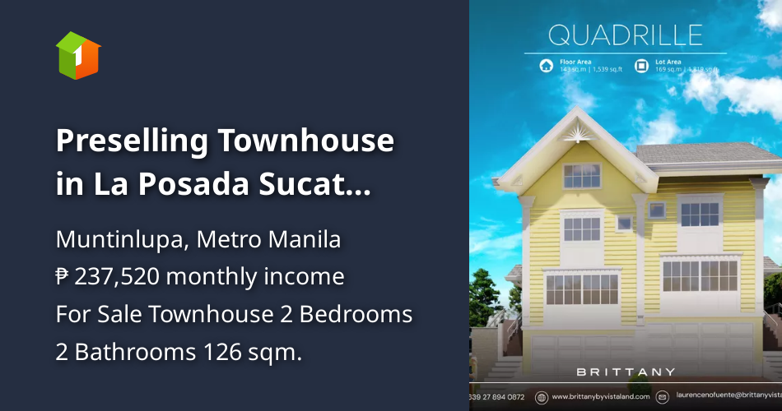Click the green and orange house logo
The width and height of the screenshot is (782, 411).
77,55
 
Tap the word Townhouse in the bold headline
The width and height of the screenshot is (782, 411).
305,141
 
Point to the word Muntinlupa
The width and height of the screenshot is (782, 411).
113,241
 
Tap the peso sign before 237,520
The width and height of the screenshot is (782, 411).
63,277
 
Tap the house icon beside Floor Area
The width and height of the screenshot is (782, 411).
545,66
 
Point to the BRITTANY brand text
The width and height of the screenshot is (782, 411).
626,372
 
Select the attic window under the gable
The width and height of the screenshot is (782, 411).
582,174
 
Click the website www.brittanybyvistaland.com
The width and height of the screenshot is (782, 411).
600,397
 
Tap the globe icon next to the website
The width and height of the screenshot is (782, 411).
541,397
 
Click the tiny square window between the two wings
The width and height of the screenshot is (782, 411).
625,222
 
